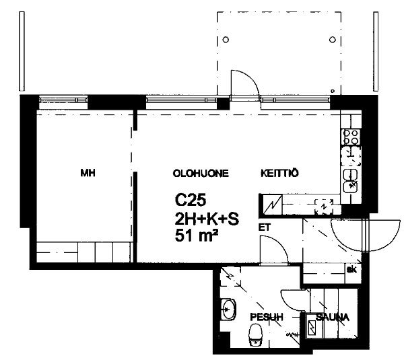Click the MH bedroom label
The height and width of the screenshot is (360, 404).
(88, 173)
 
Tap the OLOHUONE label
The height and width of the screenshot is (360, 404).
(201, 174)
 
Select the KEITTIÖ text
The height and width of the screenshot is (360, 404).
(279, 173)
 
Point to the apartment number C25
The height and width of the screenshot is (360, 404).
(191, 200)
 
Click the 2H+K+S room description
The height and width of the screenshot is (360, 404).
(207, 219)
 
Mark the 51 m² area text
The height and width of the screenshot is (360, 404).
(197, 236)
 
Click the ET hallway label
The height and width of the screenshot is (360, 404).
(265, 227)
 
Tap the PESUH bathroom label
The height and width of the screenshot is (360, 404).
(267, 317)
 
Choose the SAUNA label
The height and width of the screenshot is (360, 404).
(333, 317)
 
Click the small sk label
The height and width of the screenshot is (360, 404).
(351, 270)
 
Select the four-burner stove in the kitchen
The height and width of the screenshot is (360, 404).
(351, 137)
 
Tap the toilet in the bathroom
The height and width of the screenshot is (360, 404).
(255, 334)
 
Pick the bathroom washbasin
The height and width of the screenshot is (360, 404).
(228, 310)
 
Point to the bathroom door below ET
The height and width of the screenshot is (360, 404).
(274, 250)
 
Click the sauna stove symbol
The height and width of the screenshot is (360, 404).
(312, 328)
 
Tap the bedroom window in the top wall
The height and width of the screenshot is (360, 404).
(64, 100)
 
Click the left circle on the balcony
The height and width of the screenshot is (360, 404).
(226, 40)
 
